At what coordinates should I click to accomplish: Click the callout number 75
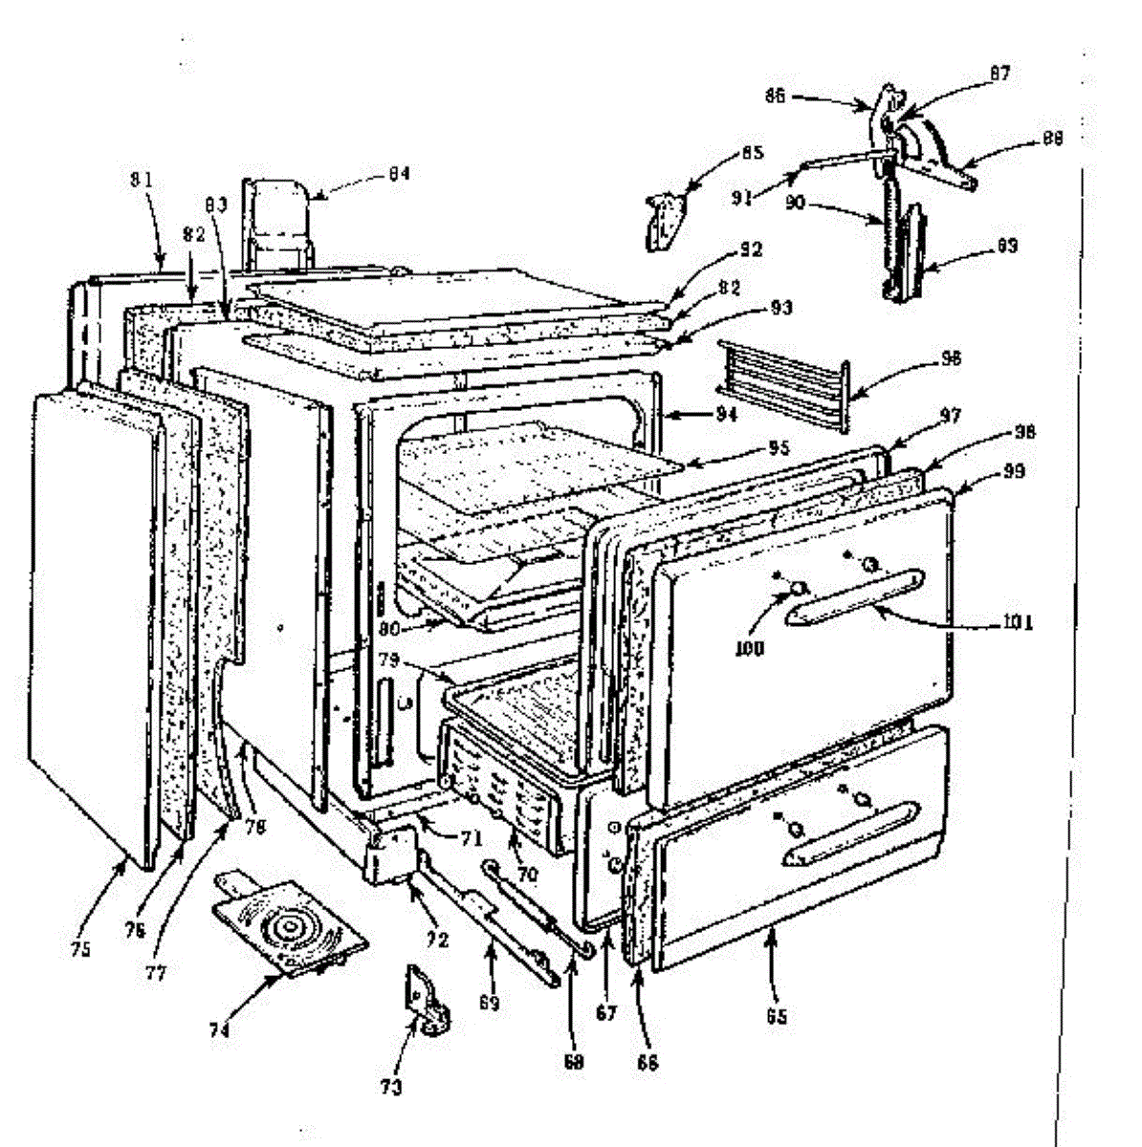coord(79,950)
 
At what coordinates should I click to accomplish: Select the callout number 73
coord(390,1087)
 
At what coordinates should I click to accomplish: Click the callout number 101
coord(1019,623)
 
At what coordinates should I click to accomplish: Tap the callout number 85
coord(753,153)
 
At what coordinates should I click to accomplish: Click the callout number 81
coord(142,179)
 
